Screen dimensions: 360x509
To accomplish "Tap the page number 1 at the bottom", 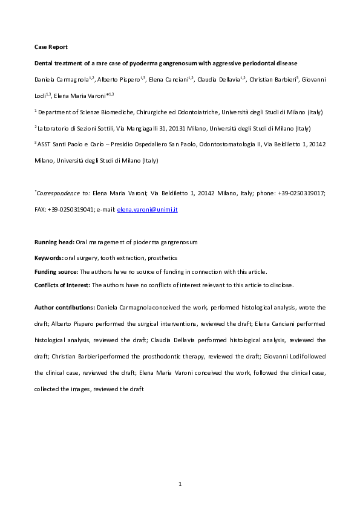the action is pyautogui.click(x=180, y=484).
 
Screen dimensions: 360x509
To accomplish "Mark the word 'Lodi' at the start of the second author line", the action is pyautogui.click(x=41, y=96).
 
